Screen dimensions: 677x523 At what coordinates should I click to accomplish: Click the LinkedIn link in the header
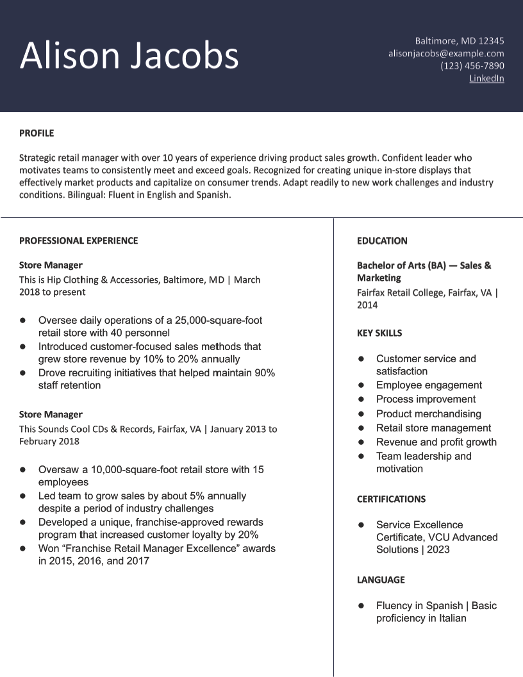coord(486,78)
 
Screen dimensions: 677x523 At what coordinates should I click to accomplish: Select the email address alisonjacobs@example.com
coord(446,53)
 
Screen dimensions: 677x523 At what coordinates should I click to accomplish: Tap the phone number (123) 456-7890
coord(472,65)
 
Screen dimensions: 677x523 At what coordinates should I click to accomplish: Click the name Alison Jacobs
coord(129,55)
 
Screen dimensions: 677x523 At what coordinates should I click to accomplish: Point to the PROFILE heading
coord(37,133)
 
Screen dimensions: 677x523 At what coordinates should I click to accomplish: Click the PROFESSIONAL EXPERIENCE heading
coord(78,241)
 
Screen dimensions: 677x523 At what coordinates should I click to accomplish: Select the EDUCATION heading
coord(382,241)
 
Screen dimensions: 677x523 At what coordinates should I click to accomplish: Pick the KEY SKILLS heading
coord(379,333)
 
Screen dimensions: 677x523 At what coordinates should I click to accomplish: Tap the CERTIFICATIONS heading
coord(391,499)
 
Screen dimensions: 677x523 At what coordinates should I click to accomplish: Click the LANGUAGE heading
coord(381,580)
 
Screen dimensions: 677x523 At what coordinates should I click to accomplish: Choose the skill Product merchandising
coord(428,414)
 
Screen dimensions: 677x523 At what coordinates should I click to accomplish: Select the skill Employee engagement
coord(429,385)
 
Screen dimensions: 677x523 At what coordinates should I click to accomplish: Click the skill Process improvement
coord(426,399)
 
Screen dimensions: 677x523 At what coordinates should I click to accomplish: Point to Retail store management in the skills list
coord(433,428)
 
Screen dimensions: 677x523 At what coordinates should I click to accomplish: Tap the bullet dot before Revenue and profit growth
coord(361,442)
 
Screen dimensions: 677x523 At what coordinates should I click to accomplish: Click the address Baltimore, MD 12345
coord(459,40)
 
